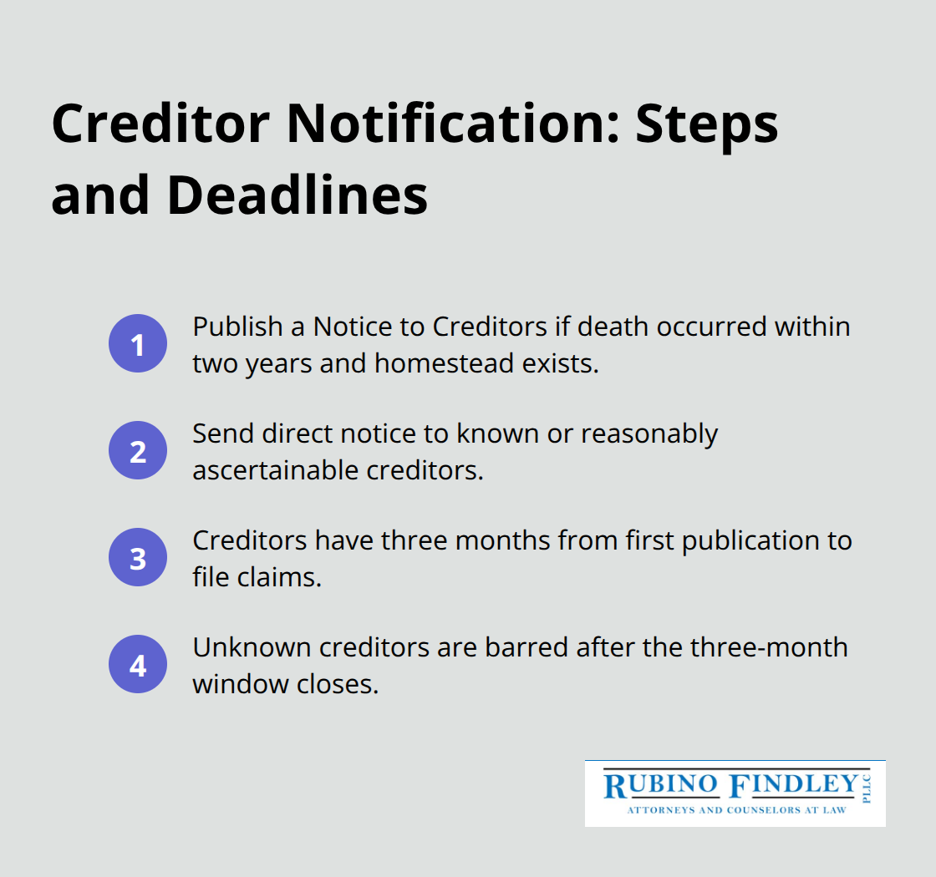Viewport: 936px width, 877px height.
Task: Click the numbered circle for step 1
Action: coord(138,344)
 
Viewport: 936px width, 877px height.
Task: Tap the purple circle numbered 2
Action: coord(138,451)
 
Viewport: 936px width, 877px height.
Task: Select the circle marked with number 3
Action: coord(138,558)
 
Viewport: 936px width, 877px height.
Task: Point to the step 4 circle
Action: coord(138,665)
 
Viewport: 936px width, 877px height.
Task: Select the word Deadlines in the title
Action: coord(297,195)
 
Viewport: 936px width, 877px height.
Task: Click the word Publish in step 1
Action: coord(226,327)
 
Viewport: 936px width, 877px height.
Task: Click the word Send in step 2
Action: coord(215,433)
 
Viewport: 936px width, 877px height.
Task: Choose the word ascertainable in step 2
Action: coord(275,470)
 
